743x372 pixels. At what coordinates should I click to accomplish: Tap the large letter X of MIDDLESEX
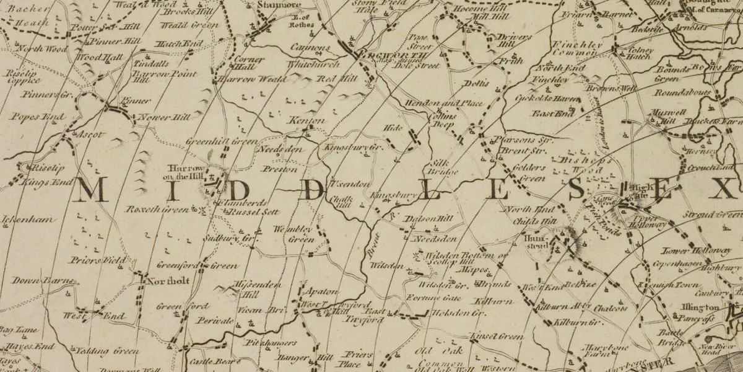723,188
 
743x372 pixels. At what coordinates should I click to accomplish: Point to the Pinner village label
135,100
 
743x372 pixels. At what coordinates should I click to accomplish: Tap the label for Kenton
307,120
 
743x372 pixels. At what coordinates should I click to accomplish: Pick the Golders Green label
530,173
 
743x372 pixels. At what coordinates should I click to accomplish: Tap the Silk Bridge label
443,165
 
